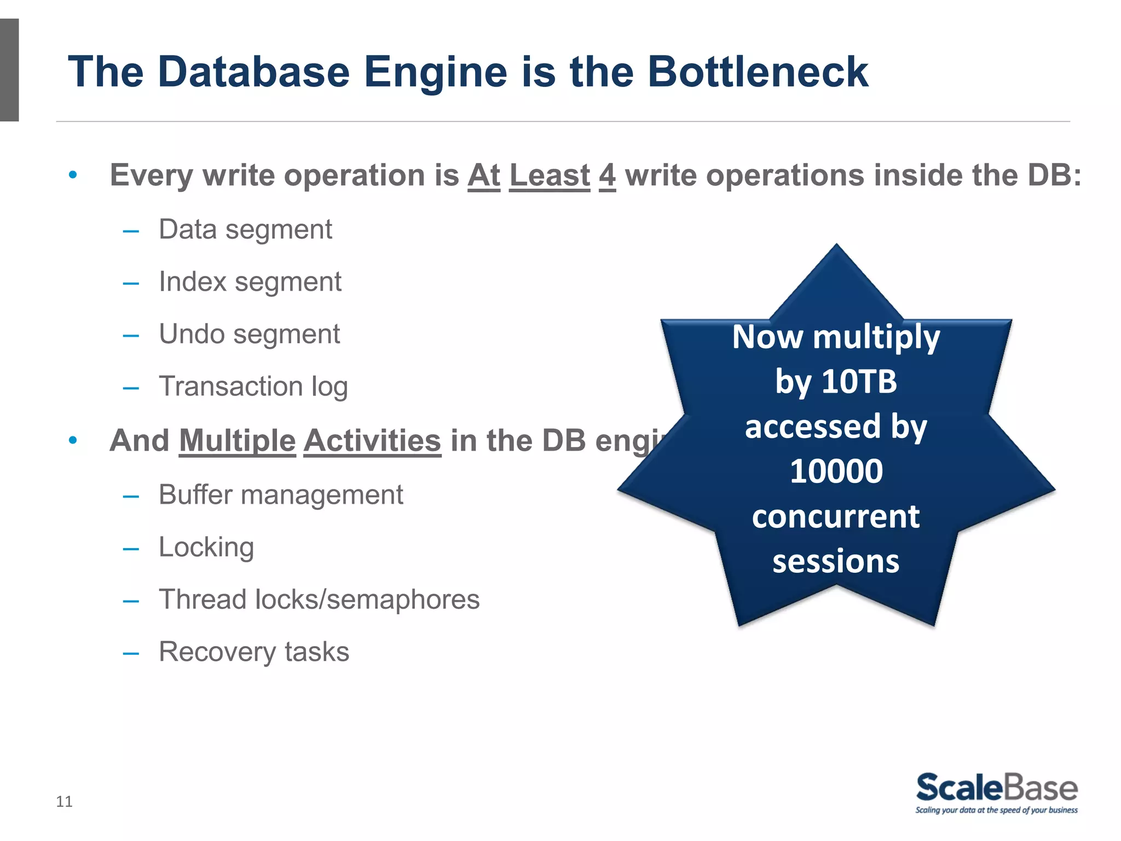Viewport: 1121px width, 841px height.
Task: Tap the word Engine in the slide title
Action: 436,73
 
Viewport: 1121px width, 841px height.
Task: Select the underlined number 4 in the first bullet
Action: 607,176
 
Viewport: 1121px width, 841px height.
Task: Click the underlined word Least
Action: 550,176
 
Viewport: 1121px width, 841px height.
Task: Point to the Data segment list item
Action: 245,230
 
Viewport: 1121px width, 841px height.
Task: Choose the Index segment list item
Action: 250,283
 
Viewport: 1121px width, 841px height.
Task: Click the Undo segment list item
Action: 249,335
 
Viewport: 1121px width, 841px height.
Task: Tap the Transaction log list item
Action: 253,387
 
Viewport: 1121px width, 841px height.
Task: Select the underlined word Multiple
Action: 237,441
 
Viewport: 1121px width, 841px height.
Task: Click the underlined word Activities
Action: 372,441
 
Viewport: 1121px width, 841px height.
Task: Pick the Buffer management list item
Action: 281,495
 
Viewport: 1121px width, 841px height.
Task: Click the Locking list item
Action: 206,548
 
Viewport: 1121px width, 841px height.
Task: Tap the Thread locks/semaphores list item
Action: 319,600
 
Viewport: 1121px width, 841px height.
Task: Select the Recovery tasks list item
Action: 254,652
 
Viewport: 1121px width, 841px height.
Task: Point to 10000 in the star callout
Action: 836,471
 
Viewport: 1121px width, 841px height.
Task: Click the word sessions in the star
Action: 836,562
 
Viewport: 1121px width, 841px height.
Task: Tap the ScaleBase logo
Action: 997,792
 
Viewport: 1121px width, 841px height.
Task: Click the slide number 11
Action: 64,802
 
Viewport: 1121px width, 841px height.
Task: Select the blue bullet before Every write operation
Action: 73,176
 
